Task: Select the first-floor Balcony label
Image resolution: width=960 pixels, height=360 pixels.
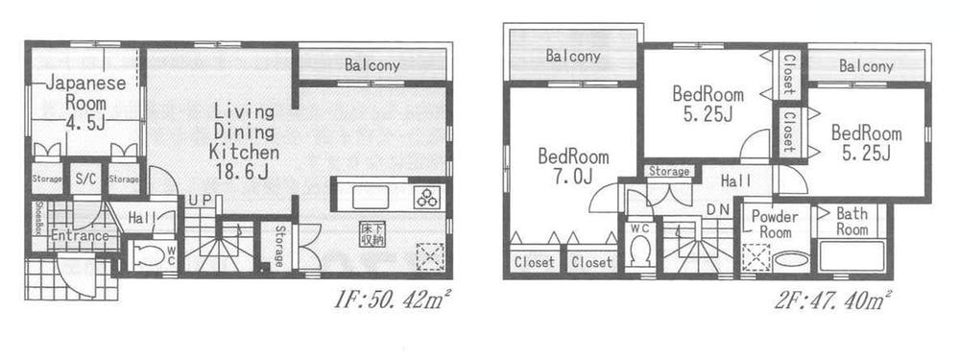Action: pyautogui.click(x=372, y=65)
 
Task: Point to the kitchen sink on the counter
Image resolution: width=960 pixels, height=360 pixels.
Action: pyautogui.click(x=370, y=197)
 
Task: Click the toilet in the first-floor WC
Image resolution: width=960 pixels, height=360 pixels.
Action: pyautogui.click(x=150, y=255)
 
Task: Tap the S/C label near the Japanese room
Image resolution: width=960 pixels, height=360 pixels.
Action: pyautogui.click(x=84, y=179)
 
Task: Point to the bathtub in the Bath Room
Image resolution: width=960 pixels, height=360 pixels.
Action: pyautogui.click(x=852, y=256)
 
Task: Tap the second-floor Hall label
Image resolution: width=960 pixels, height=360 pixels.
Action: pyautogui.click(x=735, y=180)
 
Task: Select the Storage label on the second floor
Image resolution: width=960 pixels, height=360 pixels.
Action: pyautogui.click(x=669, y=171)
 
